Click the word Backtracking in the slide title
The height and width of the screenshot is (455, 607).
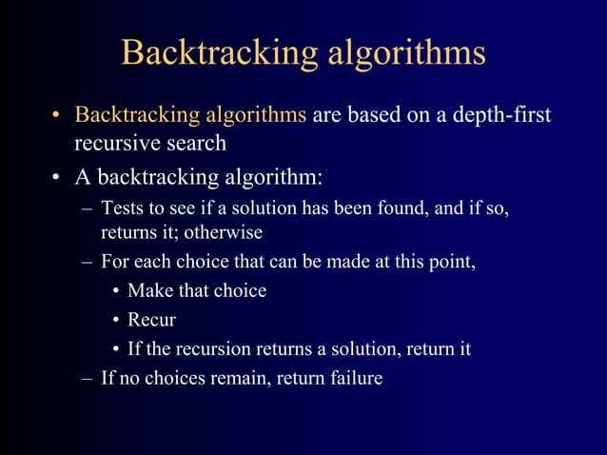pos(218,52)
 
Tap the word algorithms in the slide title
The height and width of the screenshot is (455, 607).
pos(407,54)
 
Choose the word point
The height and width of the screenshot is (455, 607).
pos(452,261)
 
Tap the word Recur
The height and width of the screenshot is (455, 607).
pos(151,320)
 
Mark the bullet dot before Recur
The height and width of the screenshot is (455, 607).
pos(114,320)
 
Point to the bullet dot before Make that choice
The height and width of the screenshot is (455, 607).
pos(114,290)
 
